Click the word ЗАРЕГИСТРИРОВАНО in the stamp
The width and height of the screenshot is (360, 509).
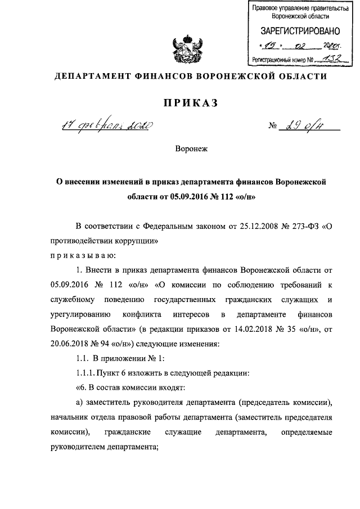pos(295,31)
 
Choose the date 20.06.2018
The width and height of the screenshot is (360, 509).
pos(70,343)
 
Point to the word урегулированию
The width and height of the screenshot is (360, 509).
pos(79,314)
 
